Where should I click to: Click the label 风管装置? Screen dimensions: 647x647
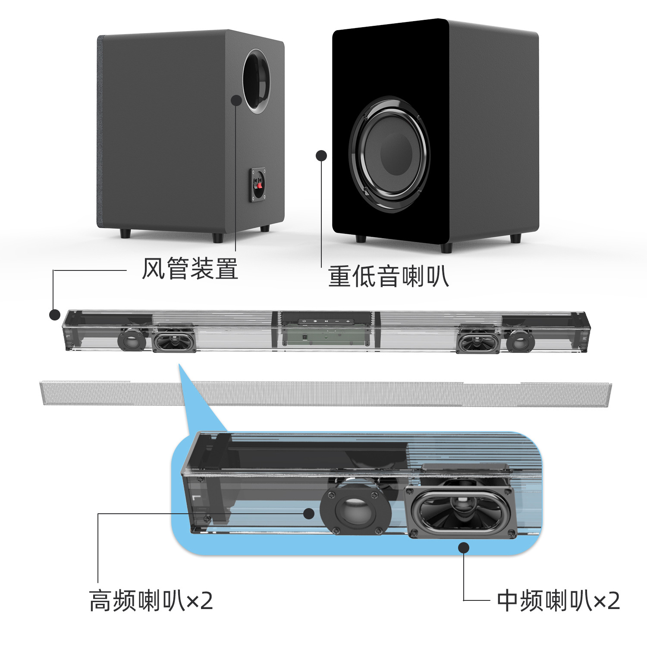point(190,269)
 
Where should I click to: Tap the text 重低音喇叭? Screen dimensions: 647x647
point(389,276)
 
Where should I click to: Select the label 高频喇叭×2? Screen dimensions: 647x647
point(151,601)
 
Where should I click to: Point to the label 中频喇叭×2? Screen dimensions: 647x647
point(559,601)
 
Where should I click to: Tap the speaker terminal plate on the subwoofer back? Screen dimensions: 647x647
point(258,185)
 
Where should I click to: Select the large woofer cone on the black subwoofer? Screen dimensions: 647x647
point(389,154)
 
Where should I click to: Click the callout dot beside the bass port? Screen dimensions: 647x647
point(236,100)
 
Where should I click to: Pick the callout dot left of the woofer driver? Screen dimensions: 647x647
point(321,155)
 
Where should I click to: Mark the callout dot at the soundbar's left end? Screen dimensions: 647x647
point(55,315)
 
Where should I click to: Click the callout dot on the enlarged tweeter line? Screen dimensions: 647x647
point(309,513)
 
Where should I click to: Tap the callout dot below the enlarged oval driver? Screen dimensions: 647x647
point(464,548)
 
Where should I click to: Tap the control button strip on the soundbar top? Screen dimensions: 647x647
point(326,321)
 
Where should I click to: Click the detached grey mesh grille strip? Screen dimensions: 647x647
point(326,394)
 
